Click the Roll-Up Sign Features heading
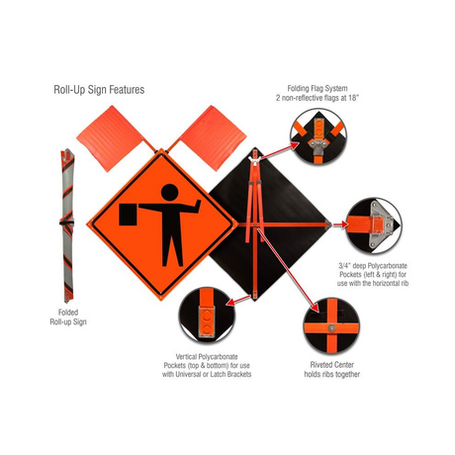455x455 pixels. (99, 90)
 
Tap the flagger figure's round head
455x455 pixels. (170, 192)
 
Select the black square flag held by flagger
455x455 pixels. (128, 215)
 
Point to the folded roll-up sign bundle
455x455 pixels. (67, 226)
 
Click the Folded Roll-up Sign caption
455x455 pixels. (68, 317)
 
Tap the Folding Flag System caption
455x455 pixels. (318, 93)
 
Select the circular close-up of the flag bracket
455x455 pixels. (318, 136)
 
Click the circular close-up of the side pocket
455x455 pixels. (374, 226)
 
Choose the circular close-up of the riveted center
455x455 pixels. (331, 326)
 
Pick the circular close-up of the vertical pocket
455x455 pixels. (207, 316)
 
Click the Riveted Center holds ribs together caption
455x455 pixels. (332, 369)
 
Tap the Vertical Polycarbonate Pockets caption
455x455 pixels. (207, 365)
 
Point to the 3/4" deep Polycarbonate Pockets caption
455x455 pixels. (373, 274)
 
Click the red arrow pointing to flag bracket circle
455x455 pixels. (280, 151)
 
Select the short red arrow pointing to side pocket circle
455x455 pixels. (340, 225)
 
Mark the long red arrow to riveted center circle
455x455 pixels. (289, 269)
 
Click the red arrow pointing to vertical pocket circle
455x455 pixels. (239, 300)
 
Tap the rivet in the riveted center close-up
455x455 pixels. (331, 327)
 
